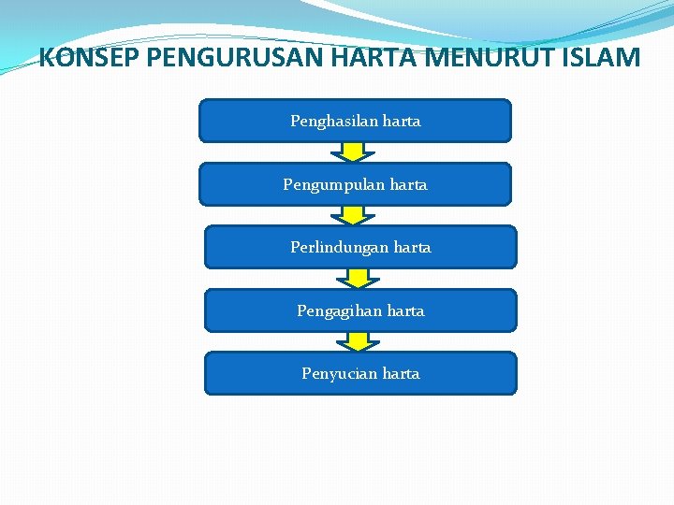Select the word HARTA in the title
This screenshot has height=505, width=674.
pyautogui.click(x=384, y=59)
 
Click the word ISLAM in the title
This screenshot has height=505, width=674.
pyautogui.click(x=597, y=59)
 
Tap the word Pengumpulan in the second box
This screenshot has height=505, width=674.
pyautogui.click(x=329, y=185)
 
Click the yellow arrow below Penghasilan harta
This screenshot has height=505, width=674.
pyautogui.click(x=353, y=151)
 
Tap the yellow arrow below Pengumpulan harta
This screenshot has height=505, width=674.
pyautogui.click(x=353, y=215)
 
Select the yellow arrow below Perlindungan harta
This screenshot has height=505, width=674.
pyautogui.click(x=358, y=278)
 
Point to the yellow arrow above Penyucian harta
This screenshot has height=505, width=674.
pyautogui.click(x=358, y=341)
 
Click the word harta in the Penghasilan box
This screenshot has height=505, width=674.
pyautogui.click(x=402, y=122)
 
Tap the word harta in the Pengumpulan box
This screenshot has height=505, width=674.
pyautogui.click(x=408, y=185)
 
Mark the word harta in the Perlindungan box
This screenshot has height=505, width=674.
pyautogui.click(x=412, y=248)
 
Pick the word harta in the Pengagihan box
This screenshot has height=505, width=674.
pyautogui.click(x=405, y=310)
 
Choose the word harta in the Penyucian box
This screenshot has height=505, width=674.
pyautogui.click(x=401, y=374)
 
